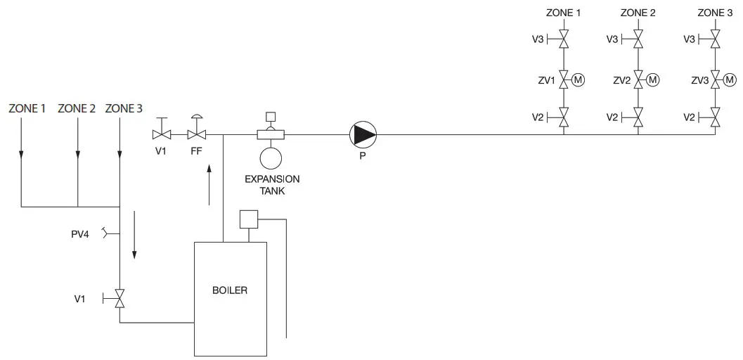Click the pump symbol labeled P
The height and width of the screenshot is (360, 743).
click(363, 134)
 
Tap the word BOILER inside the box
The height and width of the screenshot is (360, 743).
click(230, 290)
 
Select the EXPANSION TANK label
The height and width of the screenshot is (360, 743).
click(271, 185)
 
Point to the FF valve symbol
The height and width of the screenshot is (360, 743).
click(197, 134)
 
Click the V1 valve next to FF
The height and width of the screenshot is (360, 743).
click(162, 134)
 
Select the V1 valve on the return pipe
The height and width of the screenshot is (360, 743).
click(119, 300)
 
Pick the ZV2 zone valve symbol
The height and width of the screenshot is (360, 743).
click(638, 79)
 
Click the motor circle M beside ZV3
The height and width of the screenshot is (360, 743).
click(728, 79)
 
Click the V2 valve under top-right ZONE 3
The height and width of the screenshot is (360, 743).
click(714, 117)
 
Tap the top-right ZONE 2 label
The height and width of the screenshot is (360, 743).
click(638, 13)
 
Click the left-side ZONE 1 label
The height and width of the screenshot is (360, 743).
click(27, 108)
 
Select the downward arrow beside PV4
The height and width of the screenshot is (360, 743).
click(134, 243)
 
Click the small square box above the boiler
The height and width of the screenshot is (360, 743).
click(248, 219)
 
